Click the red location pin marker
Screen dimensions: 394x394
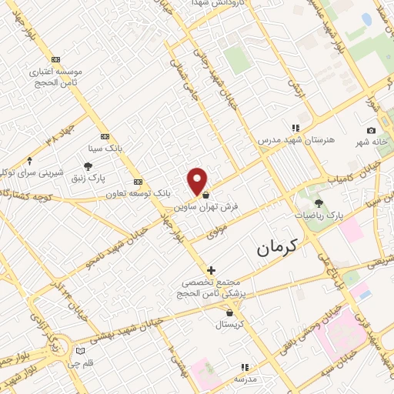198,180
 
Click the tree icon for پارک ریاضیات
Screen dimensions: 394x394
319,203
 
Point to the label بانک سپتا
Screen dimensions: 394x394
105,146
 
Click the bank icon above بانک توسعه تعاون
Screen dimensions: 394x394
138,181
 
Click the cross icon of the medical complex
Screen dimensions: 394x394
211,270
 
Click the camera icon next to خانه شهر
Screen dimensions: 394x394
371,131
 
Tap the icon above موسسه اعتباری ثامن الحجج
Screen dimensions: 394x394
55,59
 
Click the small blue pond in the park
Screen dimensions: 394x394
366,19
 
